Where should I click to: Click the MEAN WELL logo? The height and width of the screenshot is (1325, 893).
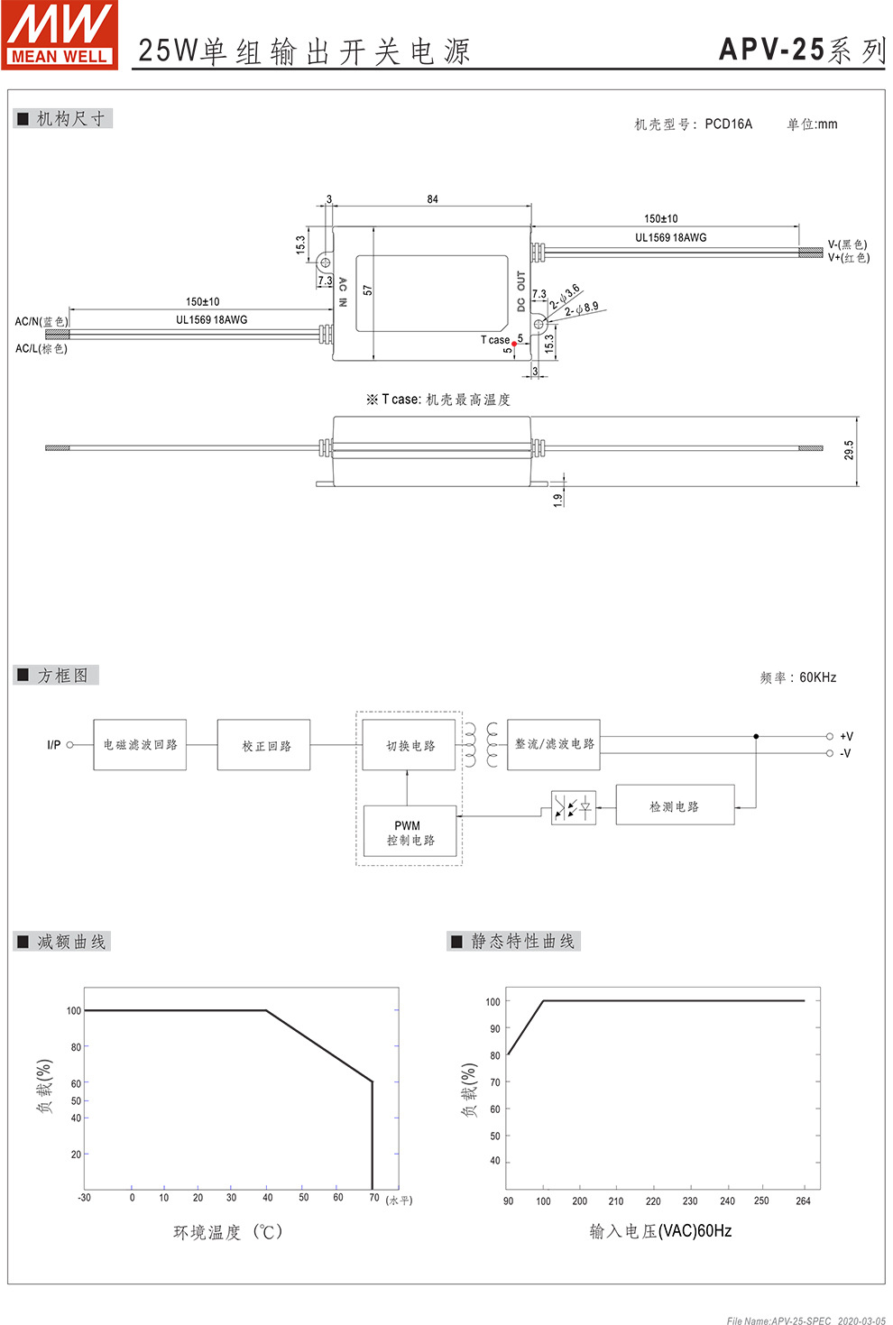(x=60, y=34)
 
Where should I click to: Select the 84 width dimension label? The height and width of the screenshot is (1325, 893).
(x=433, y=199)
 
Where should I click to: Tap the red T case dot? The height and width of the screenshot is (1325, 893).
(x=514, y=344)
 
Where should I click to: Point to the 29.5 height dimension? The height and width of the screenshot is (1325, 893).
(x=849, y=450)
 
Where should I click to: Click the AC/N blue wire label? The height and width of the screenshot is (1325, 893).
(x=41, y=321)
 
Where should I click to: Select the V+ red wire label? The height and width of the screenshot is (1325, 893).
(x=849, y=258)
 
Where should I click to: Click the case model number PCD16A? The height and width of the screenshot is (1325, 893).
(x=728, y=124)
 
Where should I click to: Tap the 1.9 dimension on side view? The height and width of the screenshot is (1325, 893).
(x=558, y=499)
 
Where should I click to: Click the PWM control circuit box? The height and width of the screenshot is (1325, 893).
(x=410, y=833)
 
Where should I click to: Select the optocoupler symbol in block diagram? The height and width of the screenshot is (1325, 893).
(x=574, y=806)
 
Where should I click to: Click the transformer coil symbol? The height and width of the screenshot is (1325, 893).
(x=481, y=745)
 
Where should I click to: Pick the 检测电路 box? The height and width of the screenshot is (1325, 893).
(x=675, y=806)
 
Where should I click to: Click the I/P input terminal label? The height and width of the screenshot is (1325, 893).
(x=54, y=745)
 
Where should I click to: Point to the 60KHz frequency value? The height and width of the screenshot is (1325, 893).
(x=817, y=677)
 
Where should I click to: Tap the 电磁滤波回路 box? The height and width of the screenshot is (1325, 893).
(x=140, y=745)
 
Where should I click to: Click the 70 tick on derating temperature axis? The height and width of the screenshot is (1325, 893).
(x=373, y=1198)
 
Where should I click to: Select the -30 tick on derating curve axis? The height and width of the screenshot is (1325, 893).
(x=84, y=1198)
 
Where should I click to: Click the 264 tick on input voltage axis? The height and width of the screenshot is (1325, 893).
(x=803, y=1201)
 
